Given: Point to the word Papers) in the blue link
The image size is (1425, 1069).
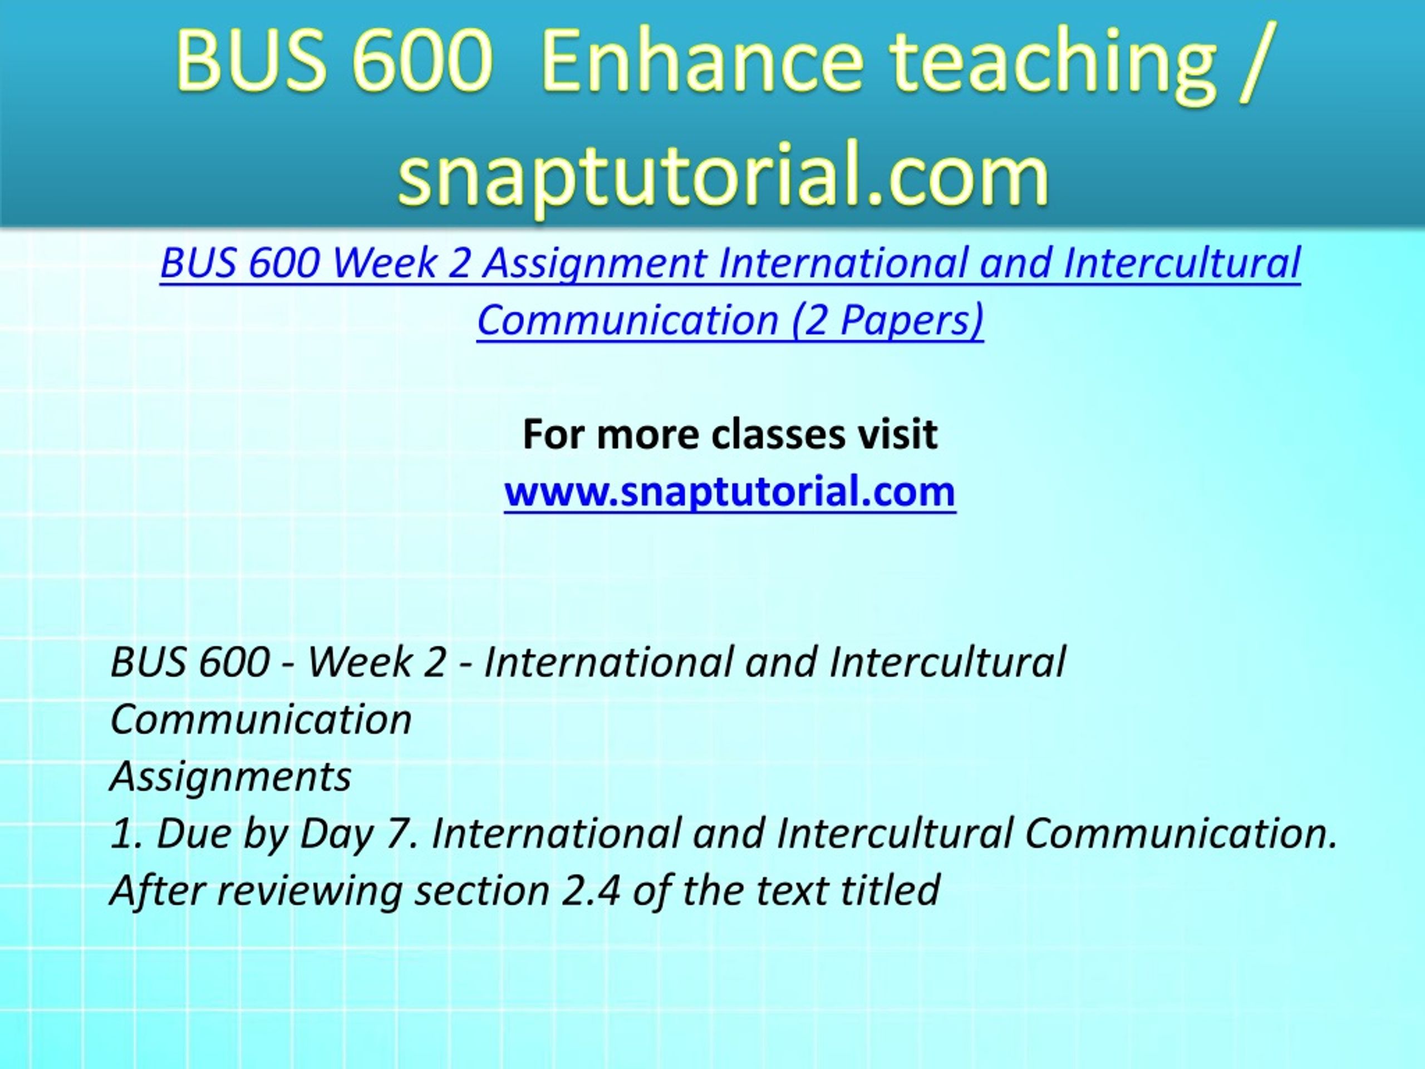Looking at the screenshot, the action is click(x=912, y=320).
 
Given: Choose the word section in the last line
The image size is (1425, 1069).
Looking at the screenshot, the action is click(x=482, y=890).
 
